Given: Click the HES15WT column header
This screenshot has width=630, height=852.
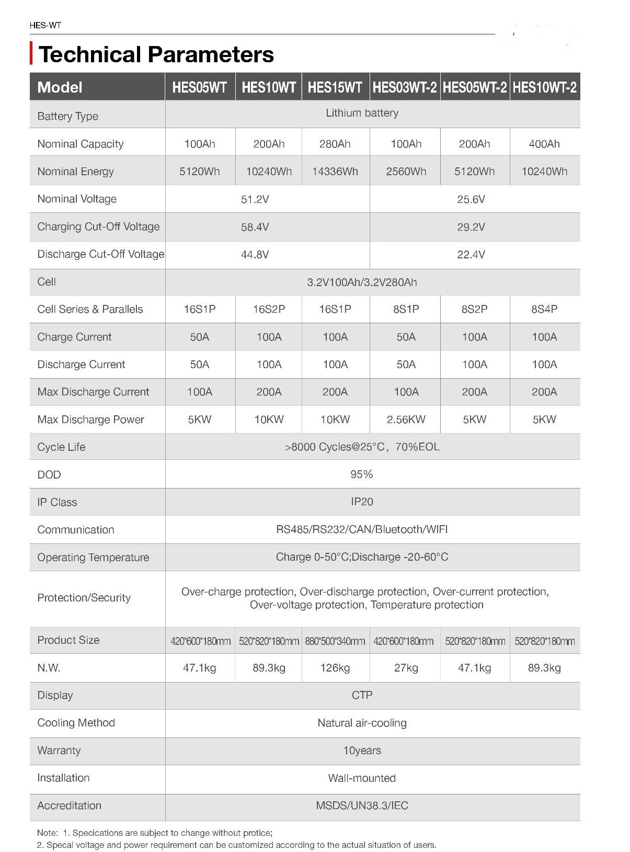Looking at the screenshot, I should click(x=335, y=87).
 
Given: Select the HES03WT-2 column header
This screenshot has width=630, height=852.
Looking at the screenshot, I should click(x=405, y=87).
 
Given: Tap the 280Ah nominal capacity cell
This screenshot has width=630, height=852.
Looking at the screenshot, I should click(x=335, y=144).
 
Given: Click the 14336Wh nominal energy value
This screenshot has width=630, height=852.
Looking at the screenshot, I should click(x=335, y=172).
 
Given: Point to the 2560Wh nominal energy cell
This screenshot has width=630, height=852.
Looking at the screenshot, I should click(x=406, y=172).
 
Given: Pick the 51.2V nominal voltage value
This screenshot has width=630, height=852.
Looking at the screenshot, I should click(x=255, y=199).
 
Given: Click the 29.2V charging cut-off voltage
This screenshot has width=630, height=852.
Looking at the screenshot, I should click(x=471, y=227).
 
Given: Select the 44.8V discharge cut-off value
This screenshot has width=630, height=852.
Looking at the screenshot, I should click(x=255, y=255).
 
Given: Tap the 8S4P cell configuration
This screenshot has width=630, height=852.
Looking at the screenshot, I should click(x=544, y=309).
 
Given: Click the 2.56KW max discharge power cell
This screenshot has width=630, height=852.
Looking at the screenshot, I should click(x=406, y=419).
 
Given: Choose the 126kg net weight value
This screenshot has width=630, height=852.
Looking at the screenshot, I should click(x=335, y=668).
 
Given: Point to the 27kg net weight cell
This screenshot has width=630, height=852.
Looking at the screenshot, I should click(x=406, y=668).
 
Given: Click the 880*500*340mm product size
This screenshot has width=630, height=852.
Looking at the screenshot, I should click(x=335, y=641).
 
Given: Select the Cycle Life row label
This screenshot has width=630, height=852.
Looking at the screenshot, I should click(x=61, y=447).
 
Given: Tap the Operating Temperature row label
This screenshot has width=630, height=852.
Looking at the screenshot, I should click(x=93, y=558).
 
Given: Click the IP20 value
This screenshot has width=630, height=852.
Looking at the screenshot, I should click(x=362, y=502).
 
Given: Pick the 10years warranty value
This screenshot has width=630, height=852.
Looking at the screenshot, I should click(x=362, y=751).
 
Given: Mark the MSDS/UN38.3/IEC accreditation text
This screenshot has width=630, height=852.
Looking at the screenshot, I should click(x=362, y=805).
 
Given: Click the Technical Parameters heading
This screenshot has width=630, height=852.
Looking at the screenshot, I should click(x=156, y=54).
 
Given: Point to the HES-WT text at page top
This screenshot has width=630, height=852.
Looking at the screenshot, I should click(x=45, y=25).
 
